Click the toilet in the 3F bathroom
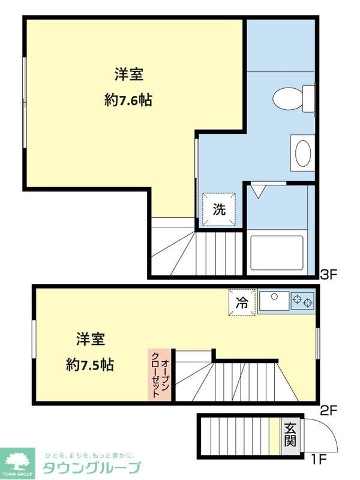[x=291, y=98]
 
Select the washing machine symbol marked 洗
[x=220, y=209]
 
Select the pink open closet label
[x=160, y=375]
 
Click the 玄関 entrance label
[x=290, y=434]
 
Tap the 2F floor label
[x=329, y=411]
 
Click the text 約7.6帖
[x=128, y=100]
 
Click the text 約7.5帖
[x=90, y=364]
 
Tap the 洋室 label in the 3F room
[x=128, y=75]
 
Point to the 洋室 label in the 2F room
[x=91, y=340]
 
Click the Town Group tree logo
[x=17, y=461]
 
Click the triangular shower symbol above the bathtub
[x=259, y=191]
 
